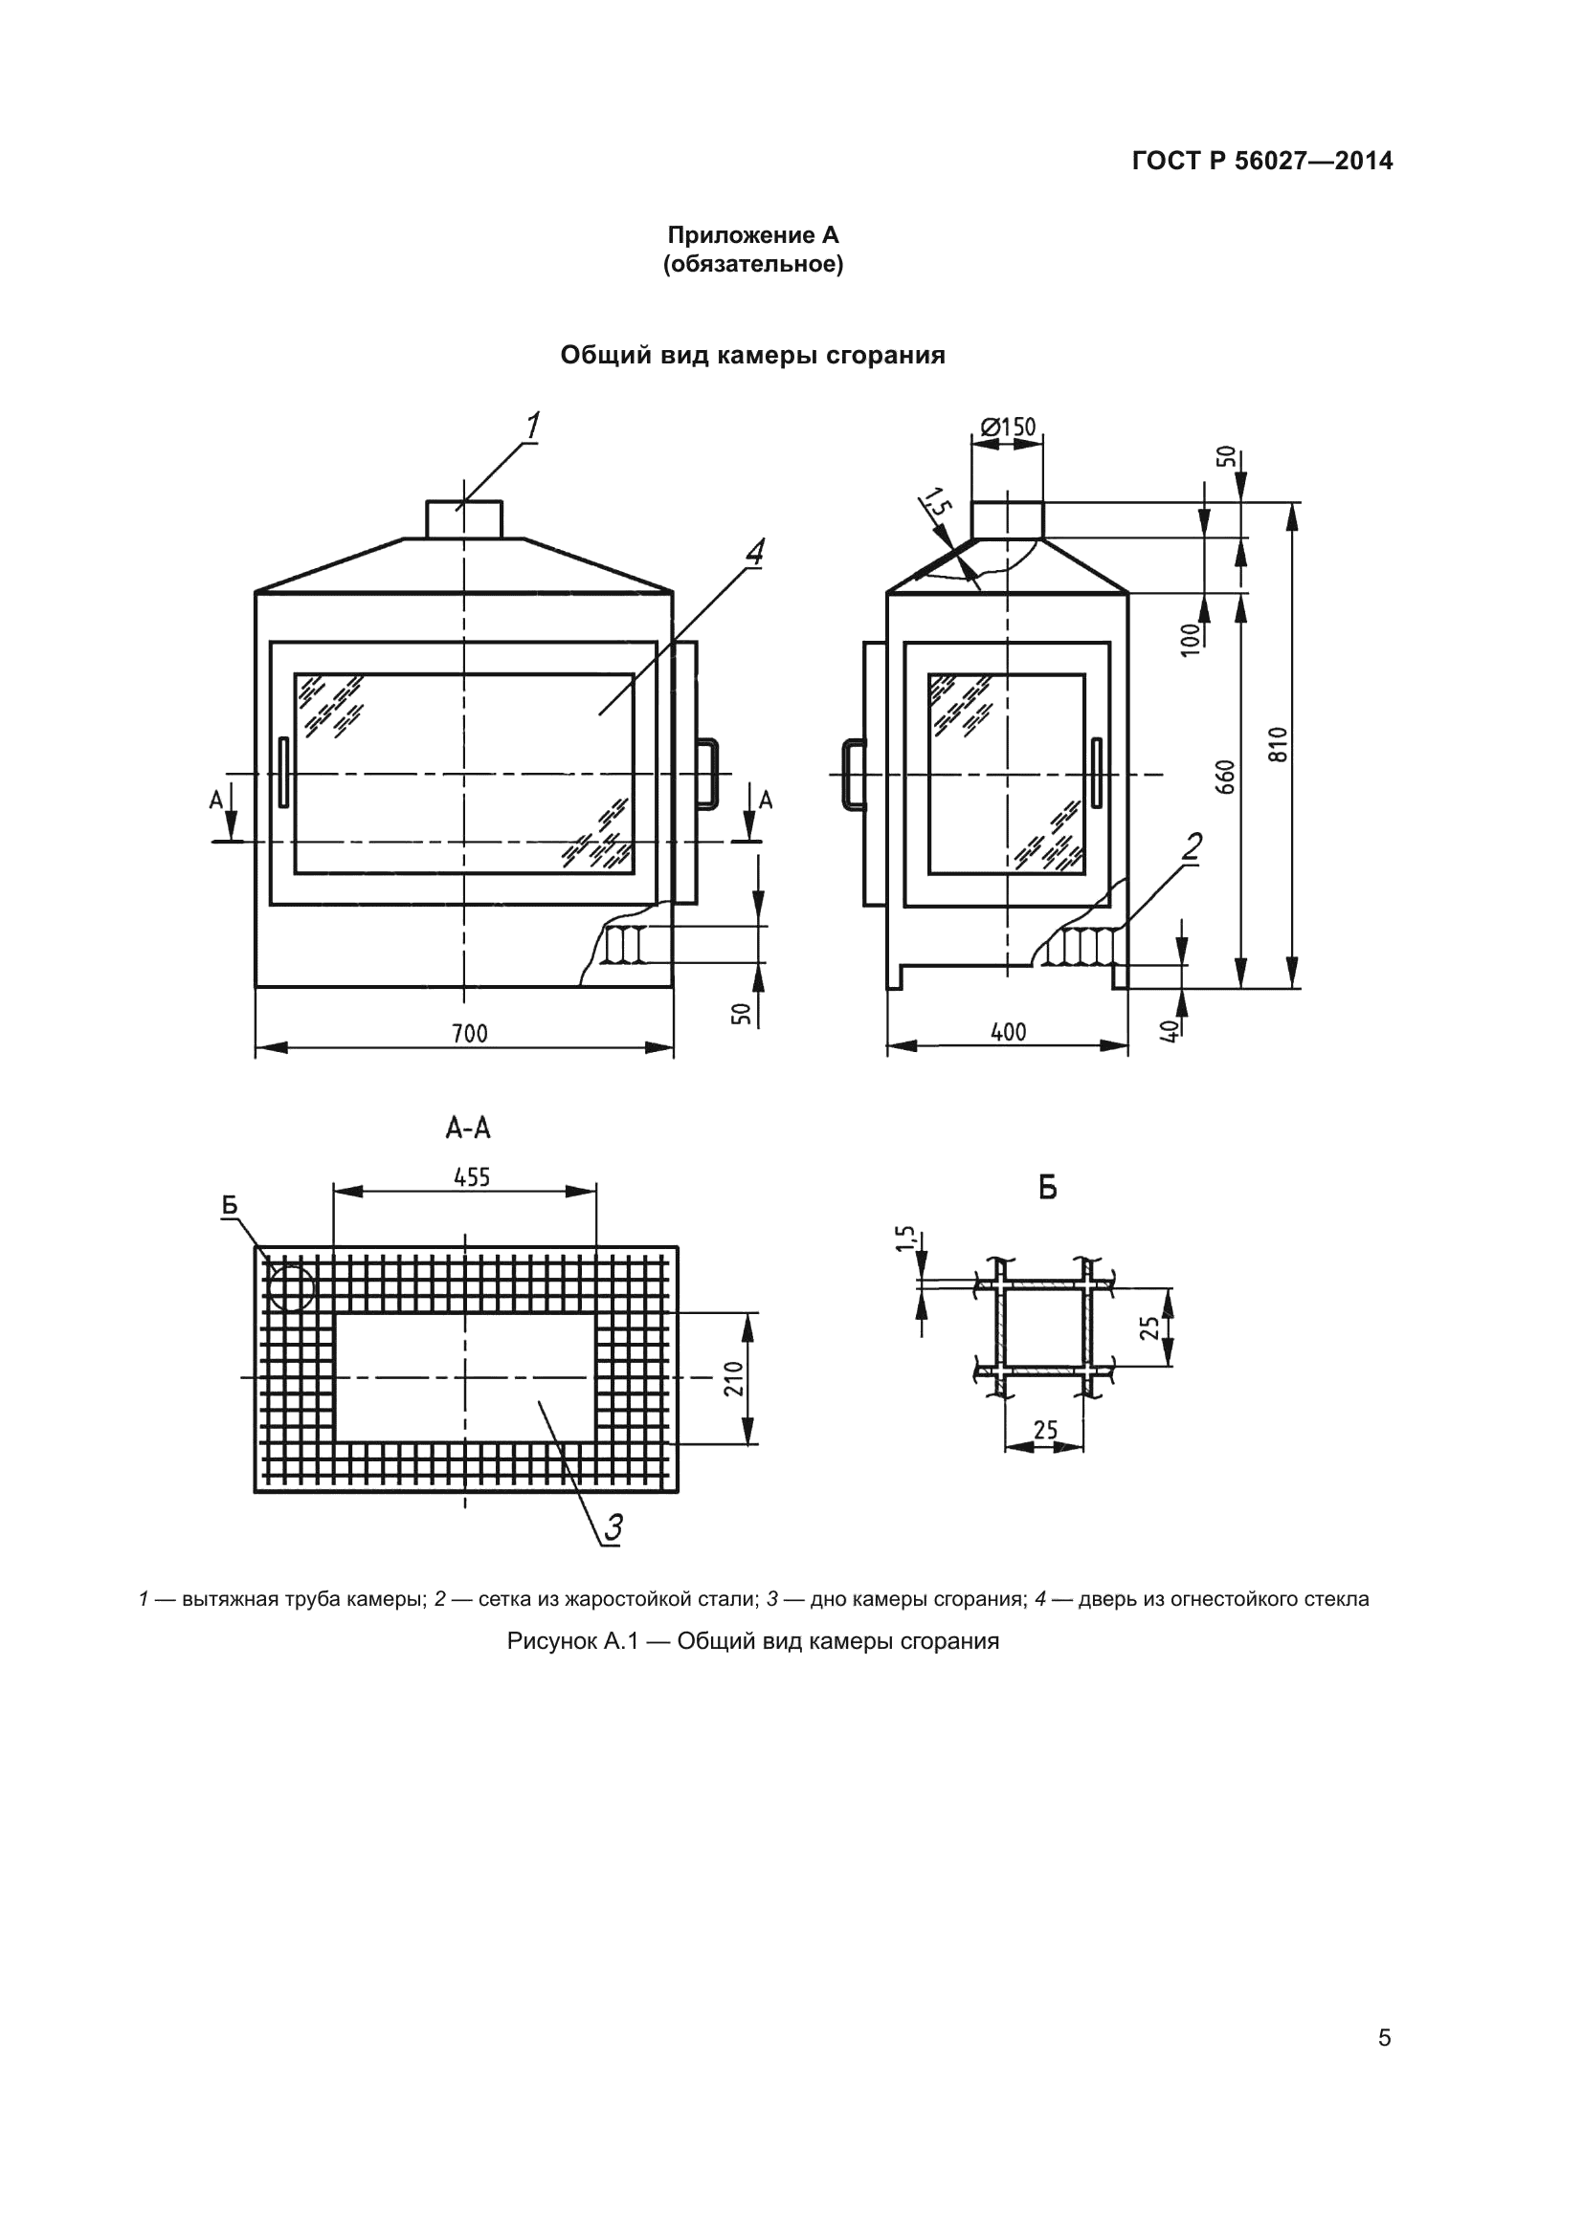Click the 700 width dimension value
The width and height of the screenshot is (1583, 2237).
point(469,1033)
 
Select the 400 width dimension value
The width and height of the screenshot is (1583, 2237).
point(1008,1032)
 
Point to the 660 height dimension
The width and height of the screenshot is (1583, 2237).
point(1226,777)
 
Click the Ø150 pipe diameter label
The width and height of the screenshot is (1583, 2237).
point(1008,427)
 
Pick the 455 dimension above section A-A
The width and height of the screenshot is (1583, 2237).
point(471,1177)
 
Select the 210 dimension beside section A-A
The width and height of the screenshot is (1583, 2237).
point(734,1377)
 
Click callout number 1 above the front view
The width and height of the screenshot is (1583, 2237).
point(532,426)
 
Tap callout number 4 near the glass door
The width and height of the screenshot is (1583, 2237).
point(754,552)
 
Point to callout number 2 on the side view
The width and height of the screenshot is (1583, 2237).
point(1192,846)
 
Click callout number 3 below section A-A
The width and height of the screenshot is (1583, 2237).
point(613,1526)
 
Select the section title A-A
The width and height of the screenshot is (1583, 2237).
point(468,1129)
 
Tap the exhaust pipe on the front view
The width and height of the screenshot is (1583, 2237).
point(465,519)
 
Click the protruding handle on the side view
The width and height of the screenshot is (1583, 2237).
point(853,775)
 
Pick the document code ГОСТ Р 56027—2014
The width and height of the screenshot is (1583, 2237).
point(1262,161)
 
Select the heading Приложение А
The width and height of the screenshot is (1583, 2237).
point(752,235)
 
